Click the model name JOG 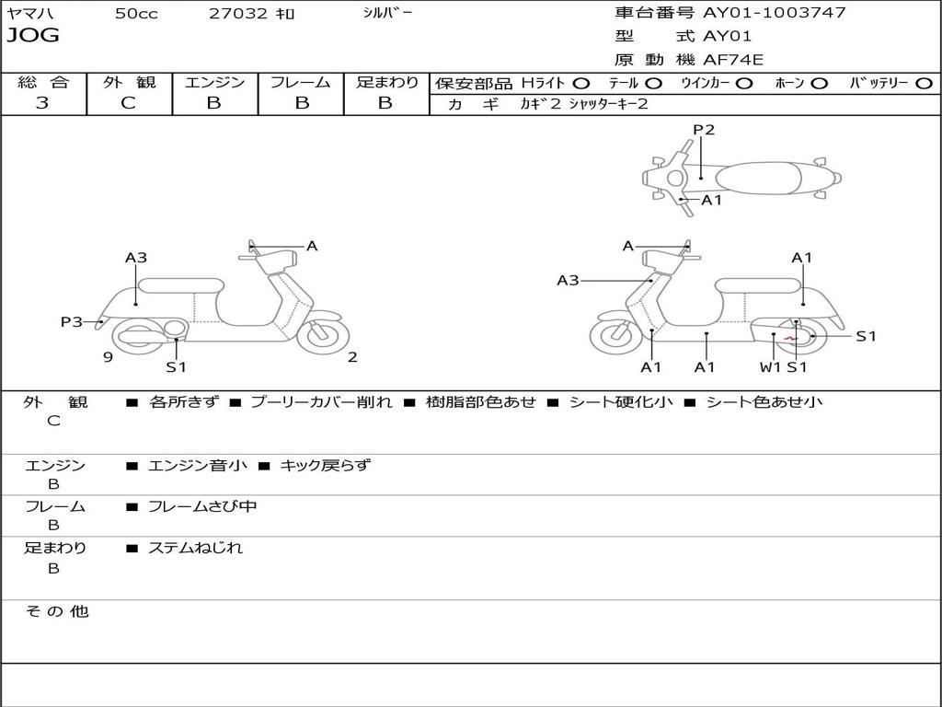point(33,36)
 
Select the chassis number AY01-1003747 point(775,12)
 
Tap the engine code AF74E point(733,60)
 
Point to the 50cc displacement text point(136,13)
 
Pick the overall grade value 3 point(42,103)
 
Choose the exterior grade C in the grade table point(128,103)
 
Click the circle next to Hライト point(581,84)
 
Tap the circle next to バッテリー point(924,84)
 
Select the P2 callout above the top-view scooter point(704,130)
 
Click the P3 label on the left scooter point(72,322)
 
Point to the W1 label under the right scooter point(770,367)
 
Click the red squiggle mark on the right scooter point(790,339)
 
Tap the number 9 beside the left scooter point(109,357)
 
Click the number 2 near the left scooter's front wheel point(352,357)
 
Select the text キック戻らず point(326,465)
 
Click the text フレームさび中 point(202,507)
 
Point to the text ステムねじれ point(195,548)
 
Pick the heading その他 point(57,611)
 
